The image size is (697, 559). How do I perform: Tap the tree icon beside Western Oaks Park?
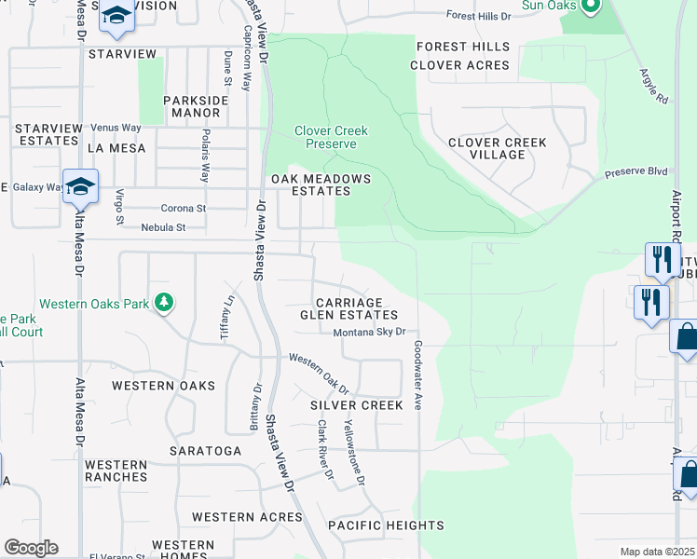[164, 302]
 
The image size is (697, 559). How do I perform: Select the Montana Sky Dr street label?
[370, 332]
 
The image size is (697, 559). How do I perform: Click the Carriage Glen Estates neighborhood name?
[349, 309]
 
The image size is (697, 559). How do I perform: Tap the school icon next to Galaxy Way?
[81, 186]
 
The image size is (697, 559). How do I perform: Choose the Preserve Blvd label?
[636, 171]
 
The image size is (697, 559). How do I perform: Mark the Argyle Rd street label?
[655, 86]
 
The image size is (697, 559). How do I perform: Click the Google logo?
[31, 548]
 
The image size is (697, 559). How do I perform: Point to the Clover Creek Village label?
[497, 149]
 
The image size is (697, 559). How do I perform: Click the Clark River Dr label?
[324, 449]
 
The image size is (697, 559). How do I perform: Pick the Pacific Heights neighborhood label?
[373, 526]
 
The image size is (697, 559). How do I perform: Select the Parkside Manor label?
[191, 106]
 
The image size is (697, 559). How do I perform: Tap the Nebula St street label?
[163, 227]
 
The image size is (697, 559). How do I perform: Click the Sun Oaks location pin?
[589, 7]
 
